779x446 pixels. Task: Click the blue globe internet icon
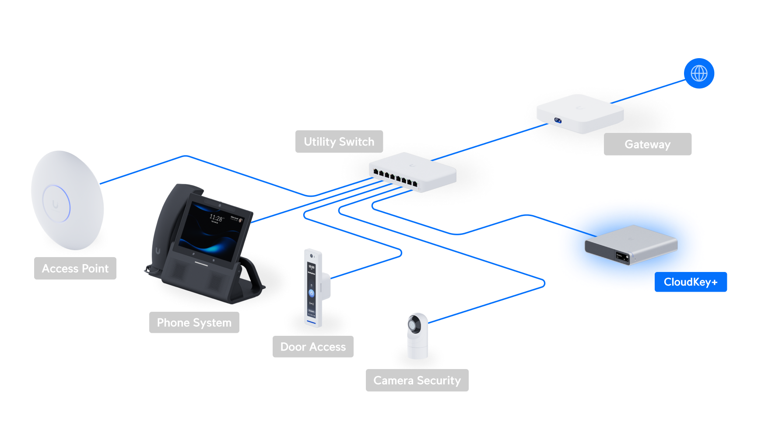(x=699, y=73)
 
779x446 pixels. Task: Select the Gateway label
(x=647, y=144)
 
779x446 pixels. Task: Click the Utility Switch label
(x=339, y=142)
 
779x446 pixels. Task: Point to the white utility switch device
(x=412, y=171)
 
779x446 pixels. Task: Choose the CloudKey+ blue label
(x=691, y=282)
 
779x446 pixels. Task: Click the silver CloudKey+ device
(x=631, y=245)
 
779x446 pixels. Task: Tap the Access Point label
(x=75, y=268)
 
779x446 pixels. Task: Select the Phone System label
(x=194, y=323)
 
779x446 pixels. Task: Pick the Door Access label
(x=313, y=347)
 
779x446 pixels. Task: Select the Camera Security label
(x=417, y=380)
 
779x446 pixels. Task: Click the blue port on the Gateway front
(x=558, y=120)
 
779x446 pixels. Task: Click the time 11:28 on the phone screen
(x=216, y=217)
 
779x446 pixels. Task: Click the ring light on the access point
(x=56, y=204)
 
